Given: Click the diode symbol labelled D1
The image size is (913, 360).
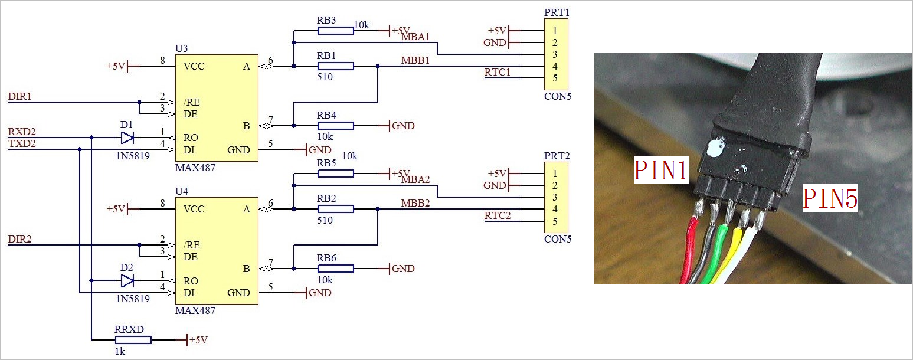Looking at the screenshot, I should pyautogui.click(x=127, y=138).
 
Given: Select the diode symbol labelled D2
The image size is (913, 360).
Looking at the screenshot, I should pyautogui.click(x=127, y=280).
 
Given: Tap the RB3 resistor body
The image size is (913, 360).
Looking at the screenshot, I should pyautogui.click(x=335, y=30).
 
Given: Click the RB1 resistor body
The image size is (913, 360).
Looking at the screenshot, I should pyautogui.click(x=335, y=66).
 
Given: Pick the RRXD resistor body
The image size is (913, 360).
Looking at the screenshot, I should pyautogui.click(x=133, y=340).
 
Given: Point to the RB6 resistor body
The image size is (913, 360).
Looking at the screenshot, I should pyautogui.click(x=335, y=269).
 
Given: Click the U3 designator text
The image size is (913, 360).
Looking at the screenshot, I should pyautogui.click(x=182, y=48).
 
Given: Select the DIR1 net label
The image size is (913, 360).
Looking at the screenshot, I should pyautogui.click(x=19, y=96).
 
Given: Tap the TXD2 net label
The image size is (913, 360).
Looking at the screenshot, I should pyautogui.click(x=21, y=143).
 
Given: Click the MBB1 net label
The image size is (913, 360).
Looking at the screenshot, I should pyautogui.click(x=415, y=60).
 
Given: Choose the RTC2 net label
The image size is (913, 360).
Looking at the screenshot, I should pyautogui.click(x=498, y=215).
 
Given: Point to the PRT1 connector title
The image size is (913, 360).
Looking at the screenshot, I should pyautogui.click(x=556, y=12).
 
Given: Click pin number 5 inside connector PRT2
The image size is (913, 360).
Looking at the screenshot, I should pyautogui.click(x=555, y=221).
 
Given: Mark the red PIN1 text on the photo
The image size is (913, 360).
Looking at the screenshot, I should pyautogui.click(x=661, y=170).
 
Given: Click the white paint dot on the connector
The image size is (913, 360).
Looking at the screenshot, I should pyautogui.click(x=715, y=147).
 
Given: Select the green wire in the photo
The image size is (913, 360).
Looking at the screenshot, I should pyautogui.click(x=717, y=254).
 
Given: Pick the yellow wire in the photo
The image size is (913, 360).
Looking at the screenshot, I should pyautogui.click(x=734, y=254).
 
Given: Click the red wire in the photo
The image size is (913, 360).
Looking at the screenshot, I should pyautogui.click(x=688, y=254).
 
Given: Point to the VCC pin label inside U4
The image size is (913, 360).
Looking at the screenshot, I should pyautogui.click(x=194, y=209).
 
